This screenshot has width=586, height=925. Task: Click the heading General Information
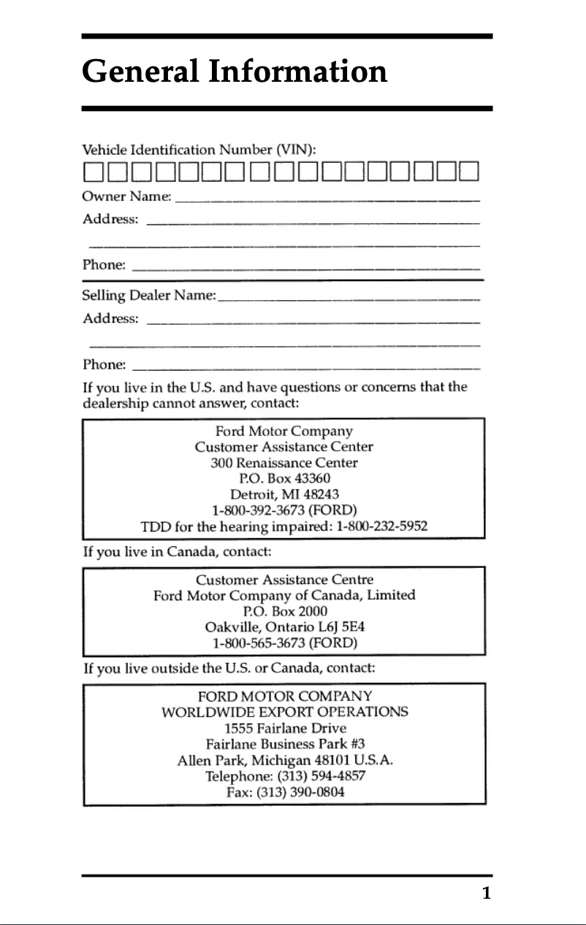tap(234, 72)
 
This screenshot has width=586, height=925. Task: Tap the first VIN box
tap(92, 174)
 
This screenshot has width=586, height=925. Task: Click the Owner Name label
tap(127, 197)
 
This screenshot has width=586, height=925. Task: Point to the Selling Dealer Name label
tap(149, 296)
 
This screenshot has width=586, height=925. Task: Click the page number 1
tap(485, 893)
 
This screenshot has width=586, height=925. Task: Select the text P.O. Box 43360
tap(284, 479)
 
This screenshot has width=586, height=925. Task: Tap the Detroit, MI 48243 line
tap(284, 494)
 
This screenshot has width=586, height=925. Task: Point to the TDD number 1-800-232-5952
tap(382, 526)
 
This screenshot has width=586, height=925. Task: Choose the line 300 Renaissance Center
tap(284, 463)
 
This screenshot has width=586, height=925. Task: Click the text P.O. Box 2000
tap(284, 611)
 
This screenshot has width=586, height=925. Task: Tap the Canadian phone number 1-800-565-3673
tap(259, 643)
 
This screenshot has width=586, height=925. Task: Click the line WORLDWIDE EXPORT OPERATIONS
tap(284, 712)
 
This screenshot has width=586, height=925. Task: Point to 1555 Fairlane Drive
tap(285, 728)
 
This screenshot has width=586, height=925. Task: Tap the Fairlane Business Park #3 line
tap(285, 744)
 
